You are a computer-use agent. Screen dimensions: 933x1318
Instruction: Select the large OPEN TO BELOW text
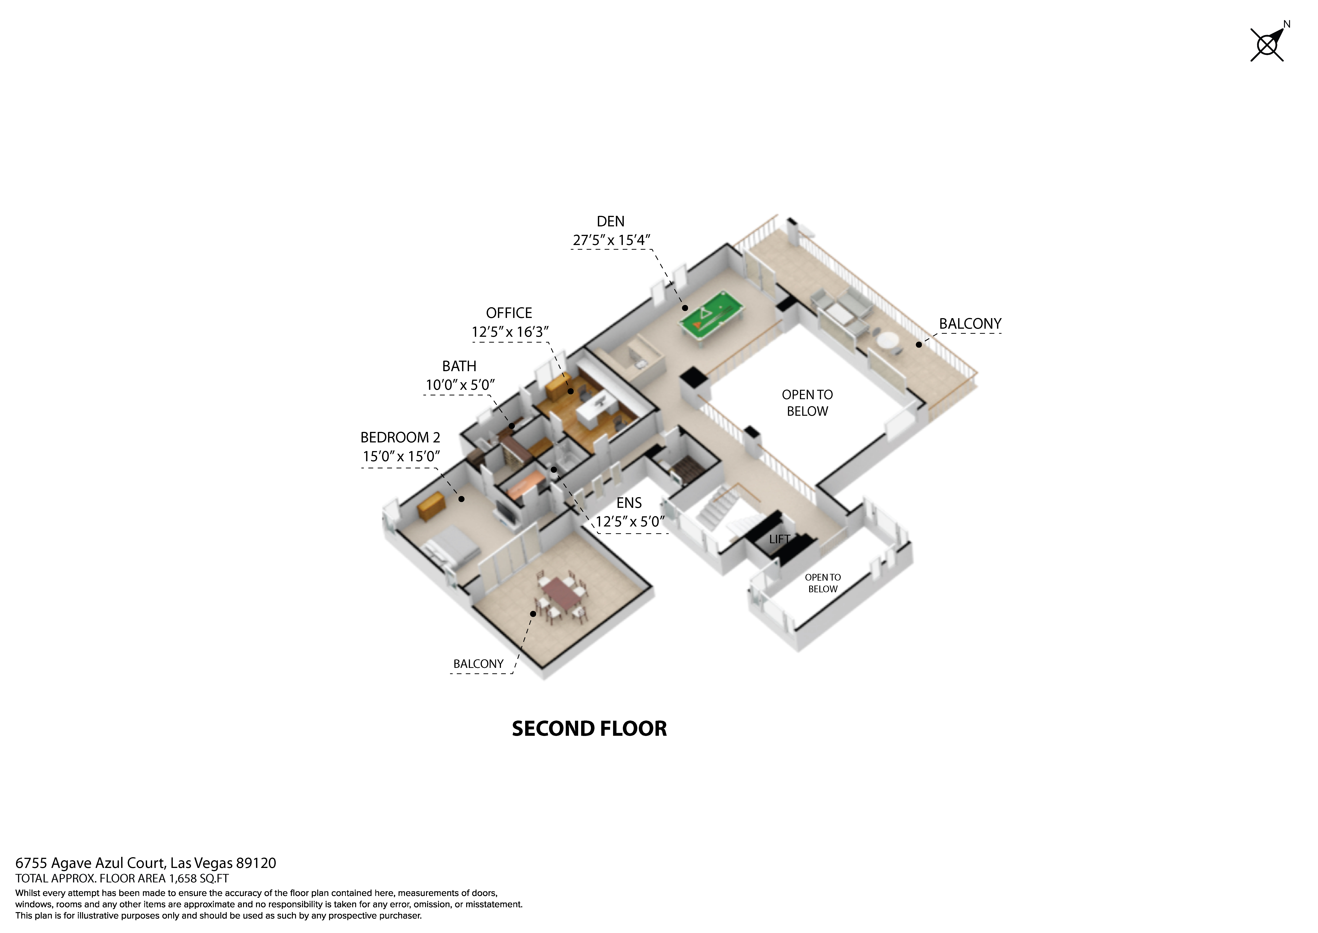click(807, 403)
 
